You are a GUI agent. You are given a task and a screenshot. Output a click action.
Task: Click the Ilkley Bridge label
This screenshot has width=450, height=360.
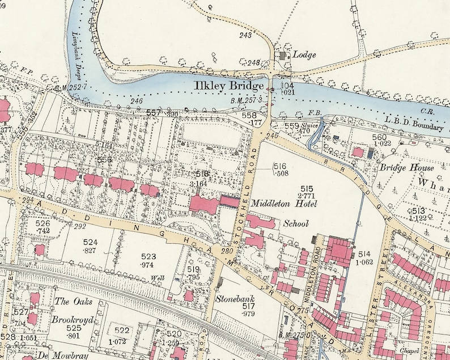coord(229,86)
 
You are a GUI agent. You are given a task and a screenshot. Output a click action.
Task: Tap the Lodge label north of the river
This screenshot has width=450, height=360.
coord(304,55)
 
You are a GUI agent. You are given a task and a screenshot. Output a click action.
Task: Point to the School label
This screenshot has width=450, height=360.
coord(296,223)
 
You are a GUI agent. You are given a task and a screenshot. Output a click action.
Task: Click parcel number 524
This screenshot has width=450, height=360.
coord(91,242)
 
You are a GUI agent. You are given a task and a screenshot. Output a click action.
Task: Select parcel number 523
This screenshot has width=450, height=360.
coord(148,256)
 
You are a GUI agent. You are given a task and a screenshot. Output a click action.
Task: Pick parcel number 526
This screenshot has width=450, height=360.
coord(43,224)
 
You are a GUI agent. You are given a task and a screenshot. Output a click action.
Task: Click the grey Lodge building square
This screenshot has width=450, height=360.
coord(282,56)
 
